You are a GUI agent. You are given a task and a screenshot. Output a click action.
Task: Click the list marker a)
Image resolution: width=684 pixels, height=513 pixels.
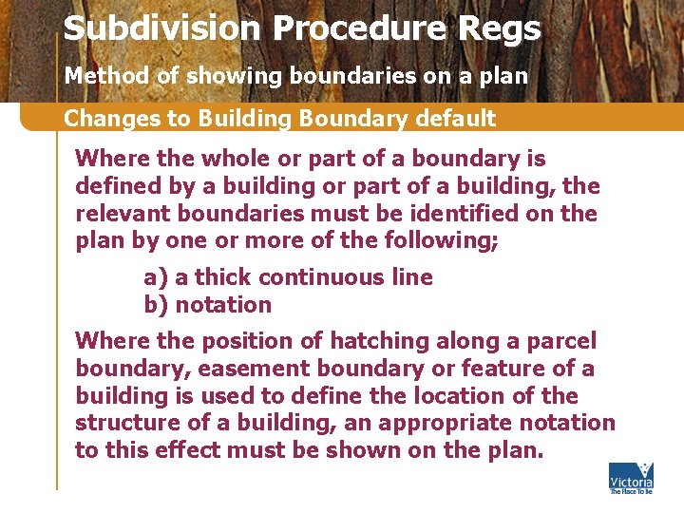tap(155, 277)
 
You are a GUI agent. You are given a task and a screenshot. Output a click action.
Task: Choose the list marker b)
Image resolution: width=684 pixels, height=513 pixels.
tap(155, 305)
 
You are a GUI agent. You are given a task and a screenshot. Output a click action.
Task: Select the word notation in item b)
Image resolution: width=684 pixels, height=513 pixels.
tap(223, 305)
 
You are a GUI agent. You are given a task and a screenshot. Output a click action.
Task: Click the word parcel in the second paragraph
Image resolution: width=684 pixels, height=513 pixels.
tap(567, 341)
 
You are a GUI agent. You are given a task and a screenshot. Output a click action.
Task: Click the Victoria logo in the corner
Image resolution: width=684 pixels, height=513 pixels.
tap(631, 478)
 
